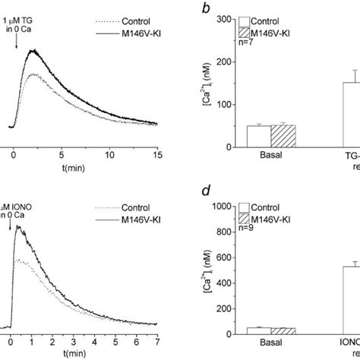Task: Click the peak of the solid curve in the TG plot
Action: pyautogui.click(x=31, y=51)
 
